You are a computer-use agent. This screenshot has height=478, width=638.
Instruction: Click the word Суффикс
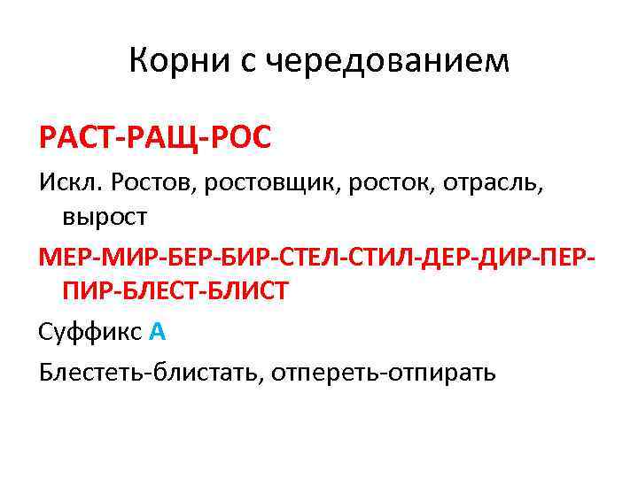pyautogui.click(x=89, y=333)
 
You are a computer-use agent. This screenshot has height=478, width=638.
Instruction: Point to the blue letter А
pyautogui.click(x=158, y=333)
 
